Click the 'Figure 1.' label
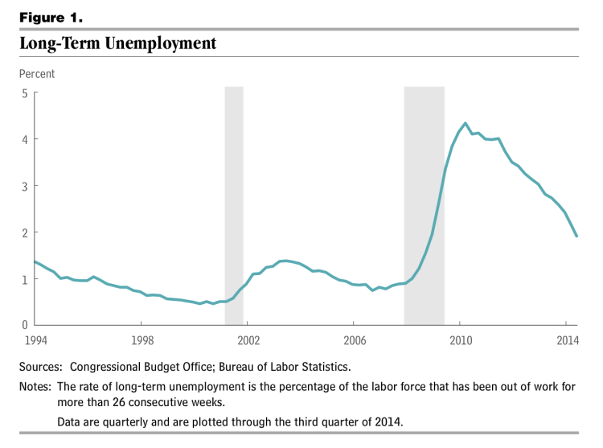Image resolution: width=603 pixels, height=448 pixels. tap(51, 17)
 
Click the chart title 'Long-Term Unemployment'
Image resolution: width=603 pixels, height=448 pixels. tap(118, 43)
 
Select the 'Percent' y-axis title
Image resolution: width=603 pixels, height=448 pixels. tap(38, 74)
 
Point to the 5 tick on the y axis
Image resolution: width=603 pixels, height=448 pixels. tap(25, 93)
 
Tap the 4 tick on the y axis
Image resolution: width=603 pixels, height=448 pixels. tap(25, 139)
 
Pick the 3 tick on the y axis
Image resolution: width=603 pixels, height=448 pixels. tap(25, 186)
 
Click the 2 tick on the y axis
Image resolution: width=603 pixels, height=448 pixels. tap(25, 232)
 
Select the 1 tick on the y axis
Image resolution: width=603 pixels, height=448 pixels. tap(25, 279)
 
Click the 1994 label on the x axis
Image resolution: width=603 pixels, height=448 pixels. tap(35, 339)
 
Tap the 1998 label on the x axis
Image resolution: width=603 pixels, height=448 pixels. tap(142, 339)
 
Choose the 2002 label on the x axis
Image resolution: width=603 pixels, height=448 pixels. tap(248, 339)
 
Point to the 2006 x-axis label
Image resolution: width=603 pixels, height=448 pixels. tap(354, 339)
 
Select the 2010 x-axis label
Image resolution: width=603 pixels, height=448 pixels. tap(460, 339)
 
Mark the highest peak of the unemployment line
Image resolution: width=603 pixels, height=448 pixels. tap(466, 123)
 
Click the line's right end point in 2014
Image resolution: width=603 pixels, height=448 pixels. tap(576, 236)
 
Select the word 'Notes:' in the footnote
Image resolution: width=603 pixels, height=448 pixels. tap(37, 387)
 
